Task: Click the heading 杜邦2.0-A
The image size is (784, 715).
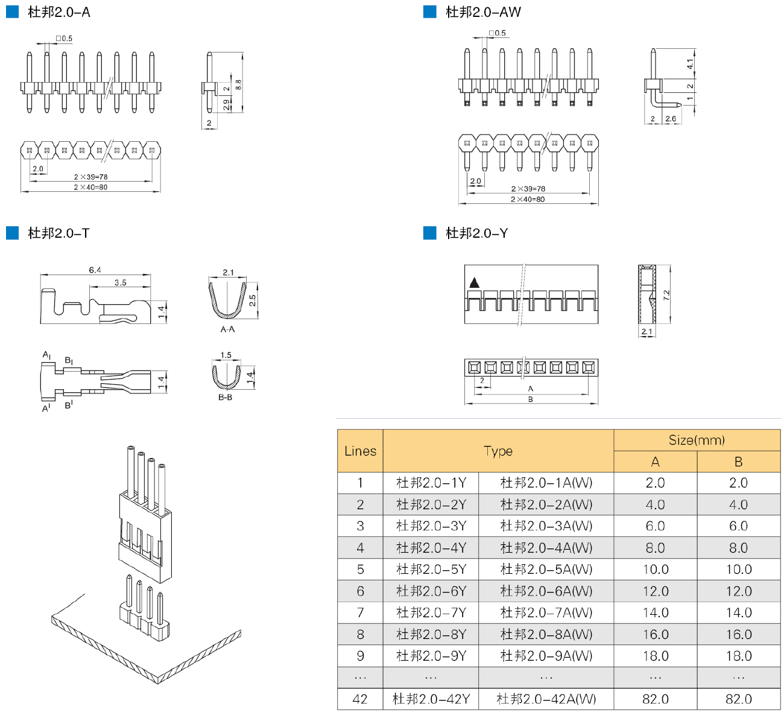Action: pyautogui.click(x=59, y=12)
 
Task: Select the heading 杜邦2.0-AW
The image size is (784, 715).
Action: pyautogui.click(x=483, y=12)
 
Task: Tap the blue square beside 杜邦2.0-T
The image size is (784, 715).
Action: pyautogui.click(x=13, y=233)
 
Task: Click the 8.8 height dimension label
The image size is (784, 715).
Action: pyautogui.click(x=238, y=84)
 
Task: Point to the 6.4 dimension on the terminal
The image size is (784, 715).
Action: pyautogui.click(x=95, y=270)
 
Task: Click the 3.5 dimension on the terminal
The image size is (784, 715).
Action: pyautogui.click(x=121, y=282)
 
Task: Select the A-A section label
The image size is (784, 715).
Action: pyautogui.click(x=227, y=329)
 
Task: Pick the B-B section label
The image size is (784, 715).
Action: pyautogui.click(x=225, y=398)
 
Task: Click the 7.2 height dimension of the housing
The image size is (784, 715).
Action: pyautogui.click(x=667, y=294)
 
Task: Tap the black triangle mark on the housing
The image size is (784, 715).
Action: pyautogui.click(x=474, y=283)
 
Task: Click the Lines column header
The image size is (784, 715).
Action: pyautogui.click(x=360, y=451)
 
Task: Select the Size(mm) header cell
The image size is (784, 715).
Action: pyautogui.click(x=697, y=440)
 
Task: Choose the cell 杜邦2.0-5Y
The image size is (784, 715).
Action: pyautogui.click(x=431, y=569)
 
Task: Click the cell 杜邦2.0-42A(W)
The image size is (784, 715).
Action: pyautogui.click(x=546, y=699)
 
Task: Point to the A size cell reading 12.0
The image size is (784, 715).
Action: pyautogui.click(x=656, y=591)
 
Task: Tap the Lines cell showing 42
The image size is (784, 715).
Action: pyautogui.click(x=360, y=699)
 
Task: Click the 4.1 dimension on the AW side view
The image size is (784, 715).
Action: pyautogui.click(x=690, y=64)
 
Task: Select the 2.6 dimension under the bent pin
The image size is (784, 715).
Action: pyautogui.click(x=671, y=118)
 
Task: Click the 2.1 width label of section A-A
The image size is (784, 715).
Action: pyautogui.click(x=228, y=272)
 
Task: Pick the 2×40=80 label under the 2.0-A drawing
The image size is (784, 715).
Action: pyautogui.click(x=90, y=188)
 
